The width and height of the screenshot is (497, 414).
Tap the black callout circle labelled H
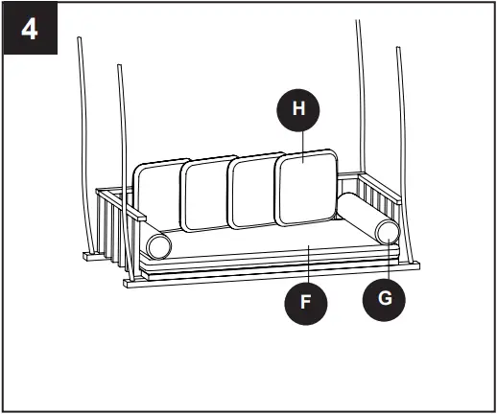pyautogui.click(x=298, y=109)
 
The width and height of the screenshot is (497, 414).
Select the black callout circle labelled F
pyautogui.click(x=306, y=301)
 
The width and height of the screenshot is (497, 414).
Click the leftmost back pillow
pyautogui.click(x=157, y=195)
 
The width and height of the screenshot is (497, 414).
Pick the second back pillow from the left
pyautogui.click(x=205, y=194)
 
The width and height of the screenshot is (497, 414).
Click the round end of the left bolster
pyautogui.click(x=159, y=247)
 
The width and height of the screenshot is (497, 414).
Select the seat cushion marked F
pyautogui.click(x=269, y=255)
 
